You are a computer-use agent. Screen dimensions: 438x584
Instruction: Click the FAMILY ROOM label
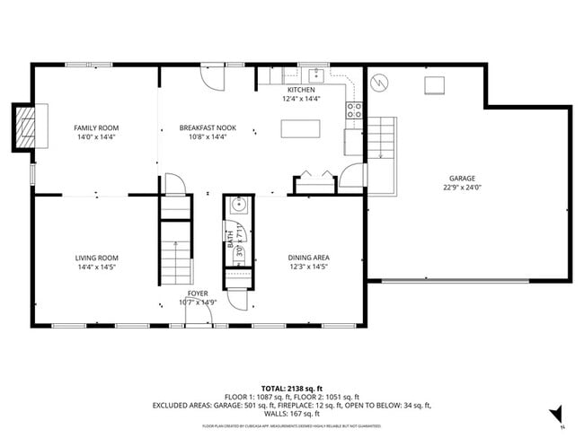94,128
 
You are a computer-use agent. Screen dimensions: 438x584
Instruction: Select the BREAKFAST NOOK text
208,128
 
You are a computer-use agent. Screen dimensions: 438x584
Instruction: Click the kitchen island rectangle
300,128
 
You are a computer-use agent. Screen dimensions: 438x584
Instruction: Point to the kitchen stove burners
355,110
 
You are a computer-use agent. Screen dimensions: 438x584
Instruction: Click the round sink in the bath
238,205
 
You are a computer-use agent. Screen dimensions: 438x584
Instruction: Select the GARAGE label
463,179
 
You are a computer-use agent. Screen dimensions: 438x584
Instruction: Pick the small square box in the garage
435,84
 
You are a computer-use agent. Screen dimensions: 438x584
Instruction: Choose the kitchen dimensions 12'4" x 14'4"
301,99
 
